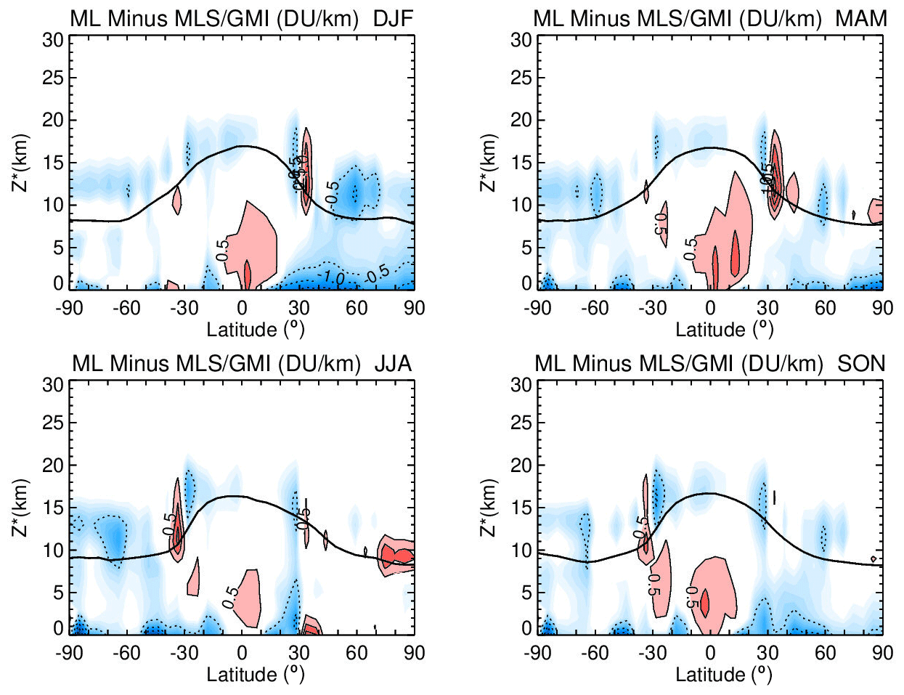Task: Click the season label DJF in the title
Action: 393,19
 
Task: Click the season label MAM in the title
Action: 861,19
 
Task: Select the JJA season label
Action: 393,363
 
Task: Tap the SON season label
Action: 861,363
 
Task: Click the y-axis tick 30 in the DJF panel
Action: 53,40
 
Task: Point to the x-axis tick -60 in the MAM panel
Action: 595,308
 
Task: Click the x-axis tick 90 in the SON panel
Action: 882,653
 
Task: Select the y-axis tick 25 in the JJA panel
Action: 53,423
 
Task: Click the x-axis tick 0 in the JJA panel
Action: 242,653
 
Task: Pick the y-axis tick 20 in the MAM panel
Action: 521,120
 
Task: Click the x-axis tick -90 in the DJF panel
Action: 69,308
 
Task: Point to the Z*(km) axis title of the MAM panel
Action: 490,163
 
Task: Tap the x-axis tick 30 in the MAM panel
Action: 767,308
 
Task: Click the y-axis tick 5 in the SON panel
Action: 527,593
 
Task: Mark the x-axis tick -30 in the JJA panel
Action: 184,653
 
